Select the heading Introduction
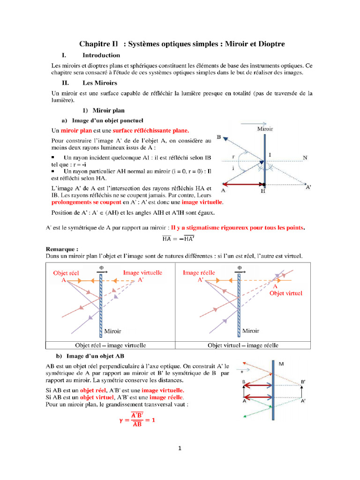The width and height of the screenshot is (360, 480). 101,55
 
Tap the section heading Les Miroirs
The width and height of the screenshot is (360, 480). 100,82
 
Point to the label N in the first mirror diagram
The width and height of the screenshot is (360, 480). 305,157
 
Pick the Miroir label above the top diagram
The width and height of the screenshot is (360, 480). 265,128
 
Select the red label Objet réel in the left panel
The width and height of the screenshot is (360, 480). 67,272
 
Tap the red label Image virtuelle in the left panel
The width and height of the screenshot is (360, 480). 142,272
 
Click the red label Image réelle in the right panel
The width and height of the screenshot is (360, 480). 199,272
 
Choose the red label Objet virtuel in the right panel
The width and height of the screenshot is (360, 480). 285,293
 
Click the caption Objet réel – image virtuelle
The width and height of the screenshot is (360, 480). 111,345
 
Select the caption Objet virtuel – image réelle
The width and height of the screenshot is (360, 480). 243,345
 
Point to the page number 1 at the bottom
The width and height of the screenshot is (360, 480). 180,448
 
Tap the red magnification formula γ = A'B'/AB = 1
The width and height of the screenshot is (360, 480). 136,420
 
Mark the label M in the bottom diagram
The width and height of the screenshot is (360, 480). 281,364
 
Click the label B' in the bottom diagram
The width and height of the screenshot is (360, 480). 304,382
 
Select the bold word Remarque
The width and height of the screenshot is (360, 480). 61,249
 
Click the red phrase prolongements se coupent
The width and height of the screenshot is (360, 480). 86,202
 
